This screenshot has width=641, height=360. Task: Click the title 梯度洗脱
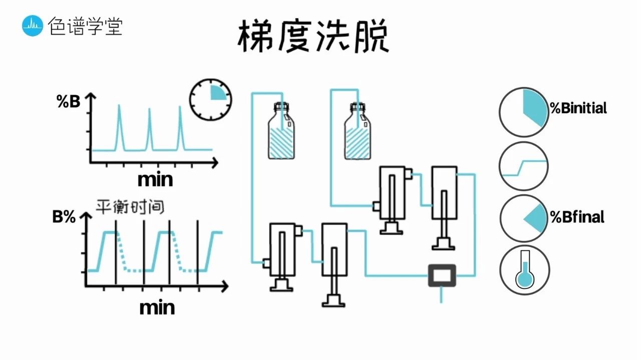313,37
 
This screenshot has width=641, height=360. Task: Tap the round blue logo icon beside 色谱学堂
33,26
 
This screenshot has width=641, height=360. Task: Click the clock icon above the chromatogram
211,99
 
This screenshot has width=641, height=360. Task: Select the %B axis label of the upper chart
68,102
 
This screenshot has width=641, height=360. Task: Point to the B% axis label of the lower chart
64,217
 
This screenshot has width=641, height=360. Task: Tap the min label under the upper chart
155,179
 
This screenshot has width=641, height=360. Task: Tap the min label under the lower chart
157,307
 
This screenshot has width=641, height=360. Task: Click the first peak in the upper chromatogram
119,128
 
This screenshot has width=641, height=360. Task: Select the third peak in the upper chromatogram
181,128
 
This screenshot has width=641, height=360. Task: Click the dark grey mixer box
442,275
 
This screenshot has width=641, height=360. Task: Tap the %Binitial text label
578,108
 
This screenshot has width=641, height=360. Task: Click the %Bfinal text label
577,217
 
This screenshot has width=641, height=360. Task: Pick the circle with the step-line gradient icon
524,166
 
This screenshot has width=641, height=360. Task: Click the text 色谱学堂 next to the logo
85,26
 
